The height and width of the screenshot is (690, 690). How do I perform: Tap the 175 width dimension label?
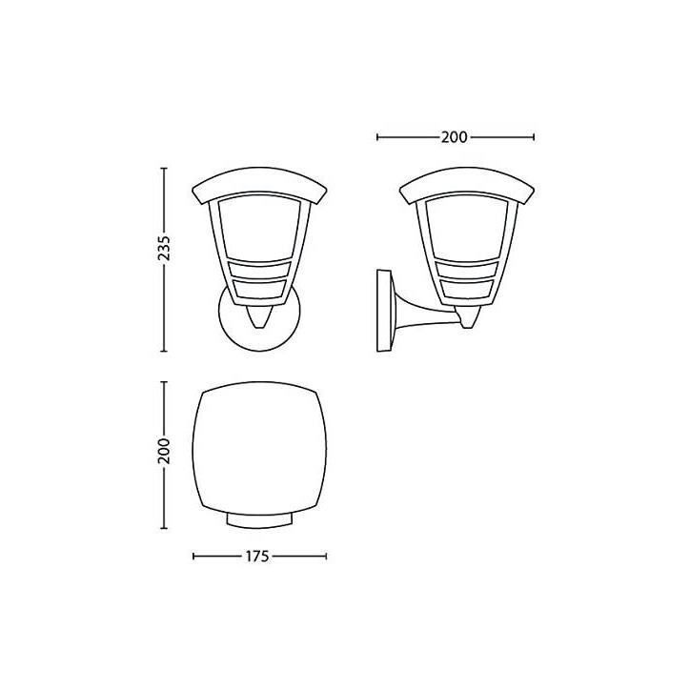[257, 557]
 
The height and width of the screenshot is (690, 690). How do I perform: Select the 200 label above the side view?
[455, 137]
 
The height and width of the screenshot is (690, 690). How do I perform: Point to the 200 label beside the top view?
[164, 451]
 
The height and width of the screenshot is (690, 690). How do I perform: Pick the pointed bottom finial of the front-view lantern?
[259, 317]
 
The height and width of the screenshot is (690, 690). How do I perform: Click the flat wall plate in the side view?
[384, 311]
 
